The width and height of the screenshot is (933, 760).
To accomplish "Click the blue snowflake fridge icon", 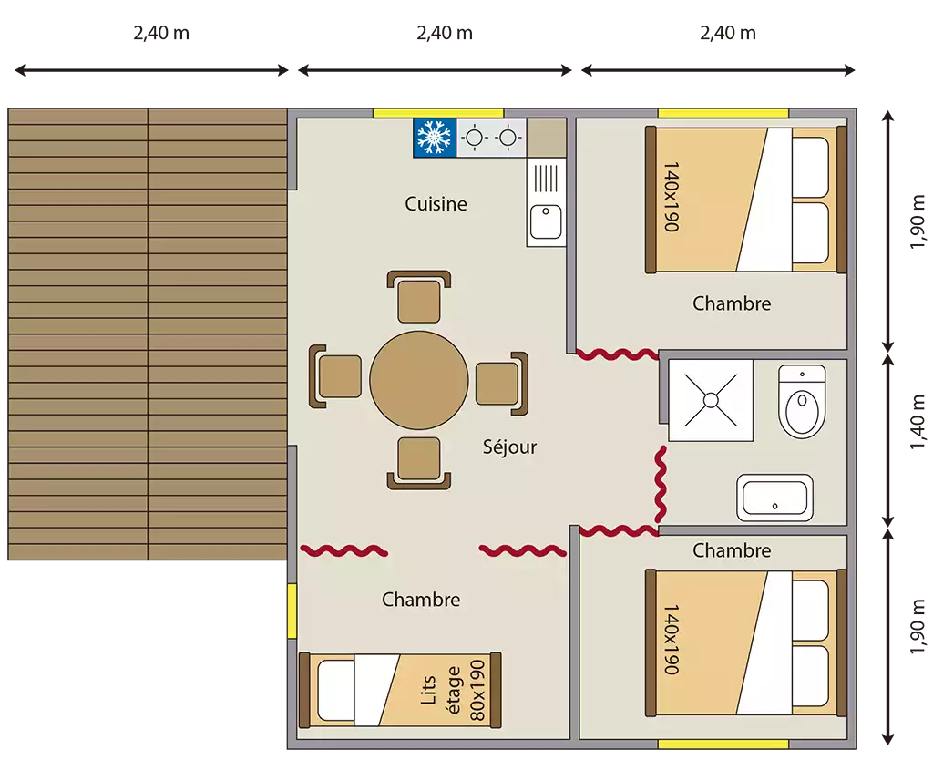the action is tap(435, 138).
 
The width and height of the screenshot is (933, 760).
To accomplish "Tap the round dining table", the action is tap(419, 380).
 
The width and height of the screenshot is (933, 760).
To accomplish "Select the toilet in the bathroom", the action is tap(802, 402).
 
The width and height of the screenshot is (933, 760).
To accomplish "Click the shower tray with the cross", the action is tap(711, 400).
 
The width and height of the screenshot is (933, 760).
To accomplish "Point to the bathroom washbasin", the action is tap(774, 498).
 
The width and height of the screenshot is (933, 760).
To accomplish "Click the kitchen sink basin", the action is tap(547, 221).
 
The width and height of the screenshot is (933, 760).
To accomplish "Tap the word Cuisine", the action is tap(436, 204).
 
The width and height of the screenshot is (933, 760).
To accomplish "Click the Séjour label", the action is tap(509, 447).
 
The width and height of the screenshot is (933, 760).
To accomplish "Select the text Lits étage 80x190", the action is tap(453, 691).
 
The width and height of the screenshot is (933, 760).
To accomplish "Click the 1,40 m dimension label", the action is tap(917, 421).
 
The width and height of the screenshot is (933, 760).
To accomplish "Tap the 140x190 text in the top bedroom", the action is tap(672, 197).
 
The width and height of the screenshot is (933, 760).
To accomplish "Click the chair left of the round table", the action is tap(335, 376).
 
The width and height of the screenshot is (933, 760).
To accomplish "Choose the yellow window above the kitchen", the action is tap(438, 113).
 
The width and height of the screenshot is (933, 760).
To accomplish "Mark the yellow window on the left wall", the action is tap(292, 611).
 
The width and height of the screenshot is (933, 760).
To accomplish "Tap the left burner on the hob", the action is tap(474, 138).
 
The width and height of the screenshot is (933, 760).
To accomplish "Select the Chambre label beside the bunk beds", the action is tap(421, 600).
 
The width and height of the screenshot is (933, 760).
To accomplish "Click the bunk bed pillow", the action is tap(335, 691).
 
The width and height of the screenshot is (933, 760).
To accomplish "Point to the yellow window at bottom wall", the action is tap(723, 744).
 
